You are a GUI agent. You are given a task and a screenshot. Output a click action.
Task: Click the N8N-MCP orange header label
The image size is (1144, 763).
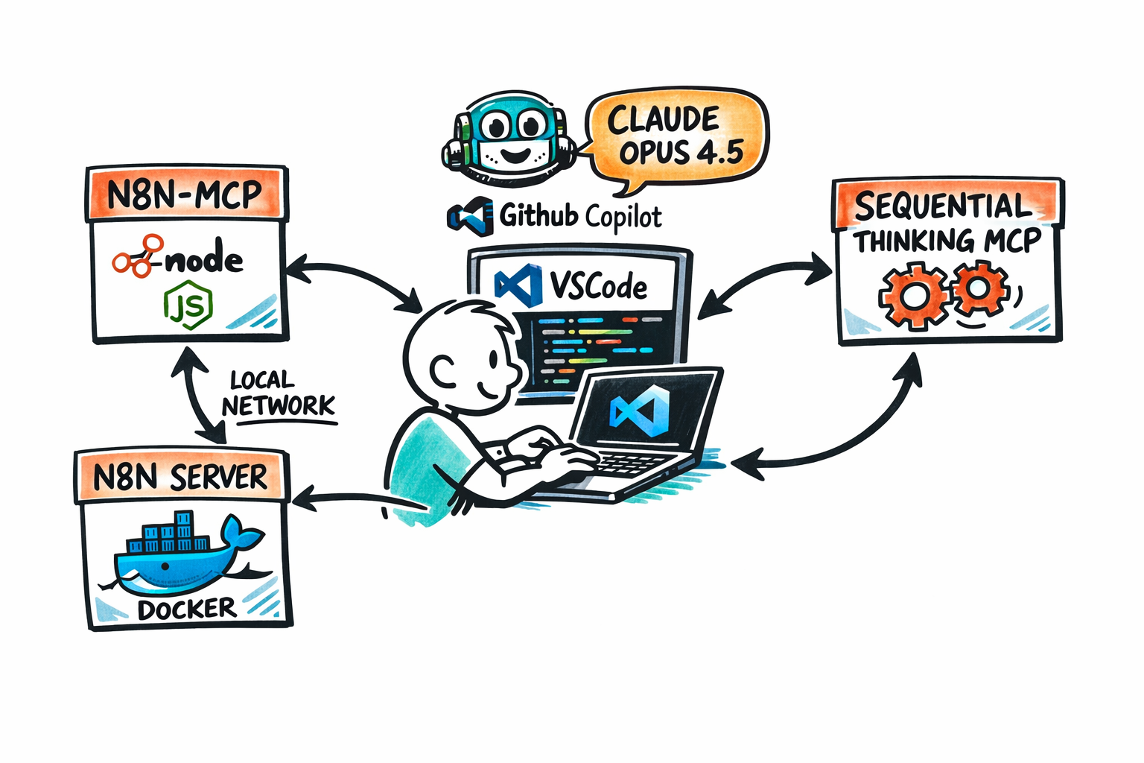click(186, 194)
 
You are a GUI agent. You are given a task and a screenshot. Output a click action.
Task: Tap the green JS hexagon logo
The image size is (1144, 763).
click(188, 305)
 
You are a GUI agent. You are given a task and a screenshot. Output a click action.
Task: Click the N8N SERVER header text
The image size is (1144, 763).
click(180, 478)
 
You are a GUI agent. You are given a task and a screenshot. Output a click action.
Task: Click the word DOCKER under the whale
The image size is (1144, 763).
click(187, 609)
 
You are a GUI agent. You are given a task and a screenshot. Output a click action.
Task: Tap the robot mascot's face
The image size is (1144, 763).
click(511, 137)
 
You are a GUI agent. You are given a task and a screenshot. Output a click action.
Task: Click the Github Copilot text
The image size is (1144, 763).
click(580, 216)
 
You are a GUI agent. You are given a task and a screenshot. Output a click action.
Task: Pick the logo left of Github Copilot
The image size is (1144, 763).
click(471, 216)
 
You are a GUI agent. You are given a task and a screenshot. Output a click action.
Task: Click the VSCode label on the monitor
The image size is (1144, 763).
click(598, 287)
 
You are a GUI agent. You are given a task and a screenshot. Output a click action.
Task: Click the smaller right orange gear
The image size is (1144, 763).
click(979, 288)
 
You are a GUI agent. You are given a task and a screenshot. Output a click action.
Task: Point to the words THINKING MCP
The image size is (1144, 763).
click(948, 241)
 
